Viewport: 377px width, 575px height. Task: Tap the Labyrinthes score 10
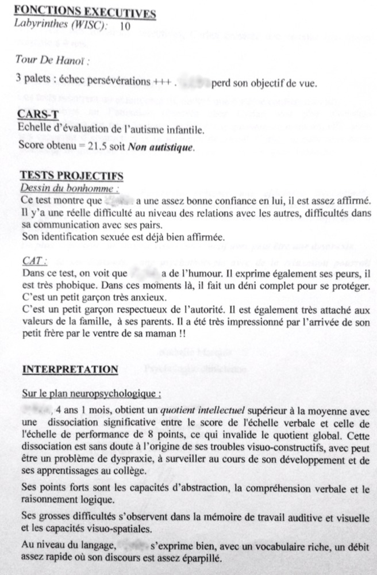tap(125, 26)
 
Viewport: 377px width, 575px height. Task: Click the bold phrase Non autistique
tap(168, 147)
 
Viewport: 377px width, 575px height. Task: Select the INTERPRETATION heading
tap(70, 369)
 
